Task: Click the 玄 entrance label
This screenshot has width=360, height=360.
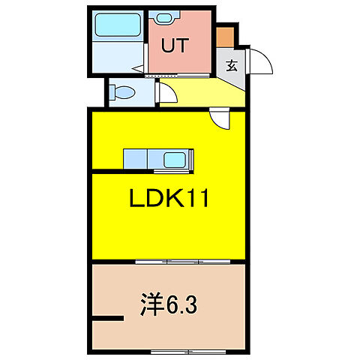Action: pos(231,64)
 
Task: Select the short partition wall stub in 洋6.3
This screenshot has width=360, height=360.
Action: pos(106,318)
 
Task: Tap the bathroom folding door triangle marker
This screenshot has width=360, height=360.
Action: pos(139,70)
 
